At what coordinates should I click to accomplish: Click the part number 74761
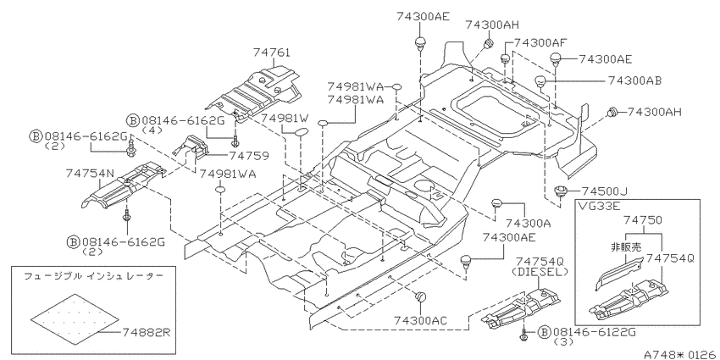coord(271,53)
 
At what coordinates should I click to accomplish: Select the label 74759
coord(249,156)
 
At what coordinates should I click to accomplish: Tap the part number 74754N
coord(89,174)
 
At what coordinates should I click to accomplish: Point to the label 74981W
coord(285,119)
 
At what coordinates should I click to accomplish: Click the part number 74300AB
coord(635,80)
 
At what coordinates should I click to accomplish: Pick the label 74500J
coord(604,191)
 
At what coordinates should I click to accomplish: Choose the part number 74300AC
coord(420,321)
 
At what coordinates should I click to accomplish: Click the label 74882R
coord(147,332)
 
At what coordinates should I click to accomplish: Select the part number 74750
coord(643,220)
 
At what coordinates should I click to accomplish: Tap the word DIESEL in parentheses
coord(540,272)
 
